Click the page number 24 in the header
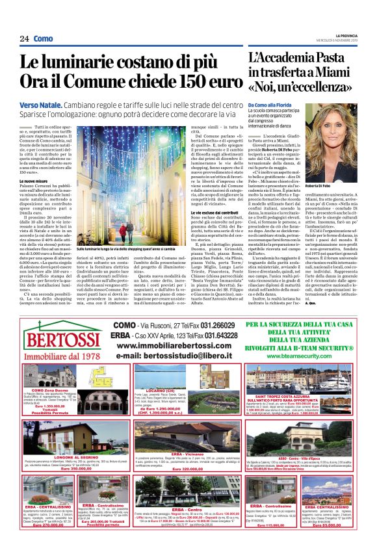[x=23, y=39]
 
